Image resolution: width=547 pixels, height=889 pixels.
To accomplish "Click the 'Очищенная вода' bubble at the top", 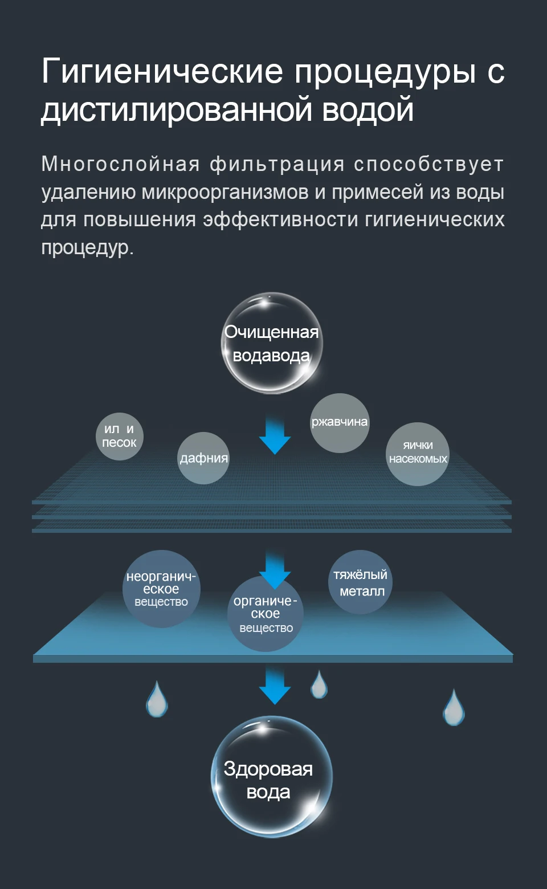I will (272, 343).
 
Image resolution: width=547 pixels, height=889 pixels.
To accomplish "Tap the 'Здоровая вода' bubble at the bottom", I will (271, 777).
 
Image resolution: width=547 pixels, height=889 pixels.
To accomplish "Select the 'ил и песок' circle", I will (119, 436).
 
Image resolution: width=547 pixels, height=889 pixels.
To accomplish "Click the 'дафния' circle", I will (203, 458).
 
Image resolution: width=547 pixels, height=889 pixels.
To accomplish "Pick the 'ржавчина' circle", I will (340, 423).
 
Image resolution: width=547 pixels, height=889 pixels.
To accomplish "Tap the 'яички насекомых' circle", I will (418, 454).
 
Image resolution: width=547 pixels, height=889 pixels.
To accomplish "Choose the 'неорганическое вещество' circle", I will (161, 589).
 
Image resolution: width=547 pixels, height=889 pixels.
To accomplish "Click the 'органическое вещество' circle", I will (266, 614).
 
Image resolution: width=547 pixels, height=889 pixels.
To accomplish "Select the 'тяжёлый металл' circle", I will (360, 582).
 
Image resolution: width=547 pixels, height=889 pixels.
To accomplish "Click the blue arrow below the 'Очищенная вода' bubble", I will (275, 436).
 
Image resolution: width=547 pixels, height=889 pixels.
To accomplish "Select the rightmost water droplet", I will (454, 708).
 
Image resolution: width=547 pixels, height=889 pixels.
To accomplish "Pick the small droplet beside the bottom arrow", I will (319, 685).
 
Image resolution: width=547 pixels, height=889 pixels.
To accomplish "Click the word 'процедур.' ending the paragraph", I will (87, 247).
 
